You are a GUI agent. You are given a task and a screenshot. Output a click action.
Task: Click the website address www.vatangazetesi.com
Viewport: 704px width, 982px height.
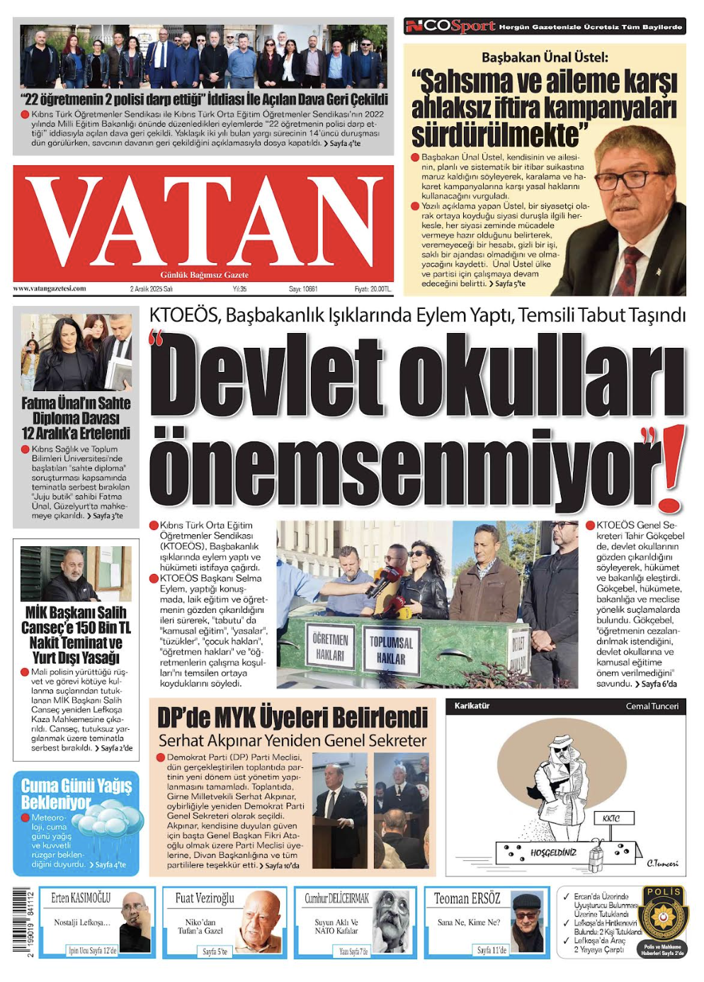tap(50, 288)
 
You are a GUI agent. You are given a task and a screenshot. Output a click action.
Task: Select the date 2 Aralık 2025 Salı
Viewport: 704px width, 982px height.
tap(152, 289)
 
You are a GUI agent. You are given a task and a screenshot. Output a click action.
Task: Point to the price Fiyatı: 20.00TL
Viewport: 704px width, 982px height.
tap(373, 289)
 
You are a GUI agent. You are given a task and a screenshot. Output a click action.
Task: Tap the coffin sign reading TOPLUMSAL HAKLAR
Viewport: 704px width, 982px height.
tap(391, 650)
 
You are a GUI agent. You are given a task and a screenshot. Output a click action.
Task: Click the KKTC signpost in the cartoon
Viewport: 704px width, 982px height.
tap(611, 818)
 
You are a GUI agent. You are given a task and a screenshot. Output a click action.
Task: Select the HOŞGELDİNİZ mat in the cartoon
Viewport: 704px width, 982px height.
tap(553, 852)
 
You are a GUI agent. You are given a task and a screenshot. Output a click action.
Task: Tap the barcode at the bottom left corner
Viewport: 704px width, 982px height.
tap(21, 922)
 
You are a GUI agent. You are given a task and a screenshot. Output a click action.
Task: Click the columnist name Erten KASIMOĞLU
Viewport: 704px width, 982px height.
tap(81, 898)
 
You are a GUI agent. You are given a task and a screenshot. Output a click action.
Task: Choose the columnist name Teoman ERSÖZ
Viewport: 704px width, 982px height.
tap(467, 898)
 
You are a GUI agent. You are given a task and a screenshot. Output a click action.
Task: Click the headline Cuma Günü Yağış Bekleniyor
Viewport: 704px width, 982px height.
tap(76, 794)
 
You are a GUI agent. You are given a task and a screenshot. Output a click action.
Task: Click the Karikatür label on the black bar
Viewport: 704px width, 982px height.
tap(472, 706)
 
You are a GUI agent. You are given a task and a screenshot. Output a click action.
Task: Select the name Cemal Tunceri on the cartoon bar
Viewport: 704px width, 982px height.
tap(652, 706)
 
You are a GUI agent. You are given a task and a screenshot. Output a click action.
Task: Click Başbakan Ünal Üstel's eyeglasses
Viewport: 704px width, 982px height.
tap(630, 177)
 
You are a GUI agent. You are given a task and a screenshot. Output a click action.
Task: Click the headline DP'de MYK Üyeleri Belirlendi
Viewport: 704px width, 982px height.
tap(293, 718)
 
